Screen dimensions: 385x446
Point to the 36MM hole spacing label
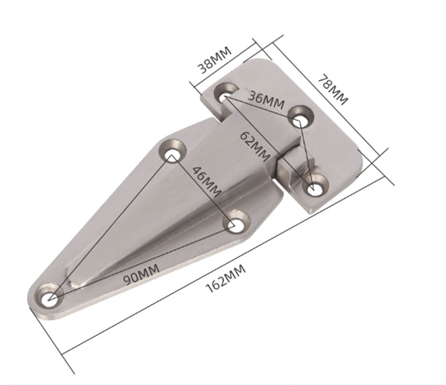click(x=266, y=100)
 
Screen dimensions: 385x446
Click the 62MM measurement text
click(x=256, y=146)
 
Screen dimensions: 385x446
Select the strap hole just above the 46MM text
click(x=173, y=151)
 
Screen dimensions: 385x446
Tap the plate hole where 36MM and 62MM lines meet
click(x=226, y=95)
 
